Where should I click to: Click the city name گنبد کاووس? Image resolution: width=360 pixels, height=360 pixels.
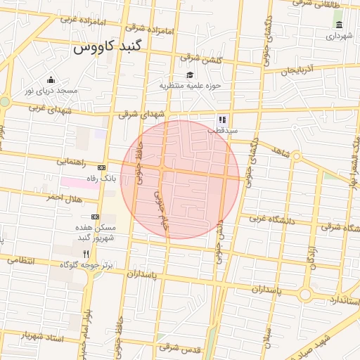(107, 49)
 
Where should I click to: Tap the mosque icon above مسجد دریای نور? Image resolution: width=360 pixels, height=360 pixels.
(51, 79)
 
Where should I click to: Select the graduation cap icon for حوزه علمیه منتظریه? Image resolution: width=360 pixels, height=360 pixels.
(189, 75)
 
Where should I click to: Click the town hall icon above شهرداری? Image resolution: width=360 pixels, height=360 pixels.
(340, 25)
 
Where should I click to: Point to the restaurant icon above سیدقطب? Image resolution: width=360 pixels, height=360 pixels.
(222, 120)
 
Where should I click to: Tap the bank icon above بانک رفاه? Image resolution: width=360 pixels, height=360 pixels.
(102, 168)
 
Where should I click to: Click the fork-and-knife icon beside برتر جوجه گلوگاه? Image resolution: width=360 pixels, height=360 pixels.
(86, 254)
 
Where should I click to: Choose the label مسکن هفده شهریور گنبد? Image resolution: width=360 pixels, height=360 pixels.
(96, 233)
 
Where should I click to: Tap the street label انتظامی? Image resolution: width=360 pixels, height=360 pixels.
(19, 261)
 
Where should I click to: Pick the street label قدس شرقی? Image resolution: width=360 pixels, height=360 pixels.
(180, 347)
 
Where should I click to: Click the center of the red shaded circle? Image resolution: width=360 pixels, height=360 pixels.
(180, 180)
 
